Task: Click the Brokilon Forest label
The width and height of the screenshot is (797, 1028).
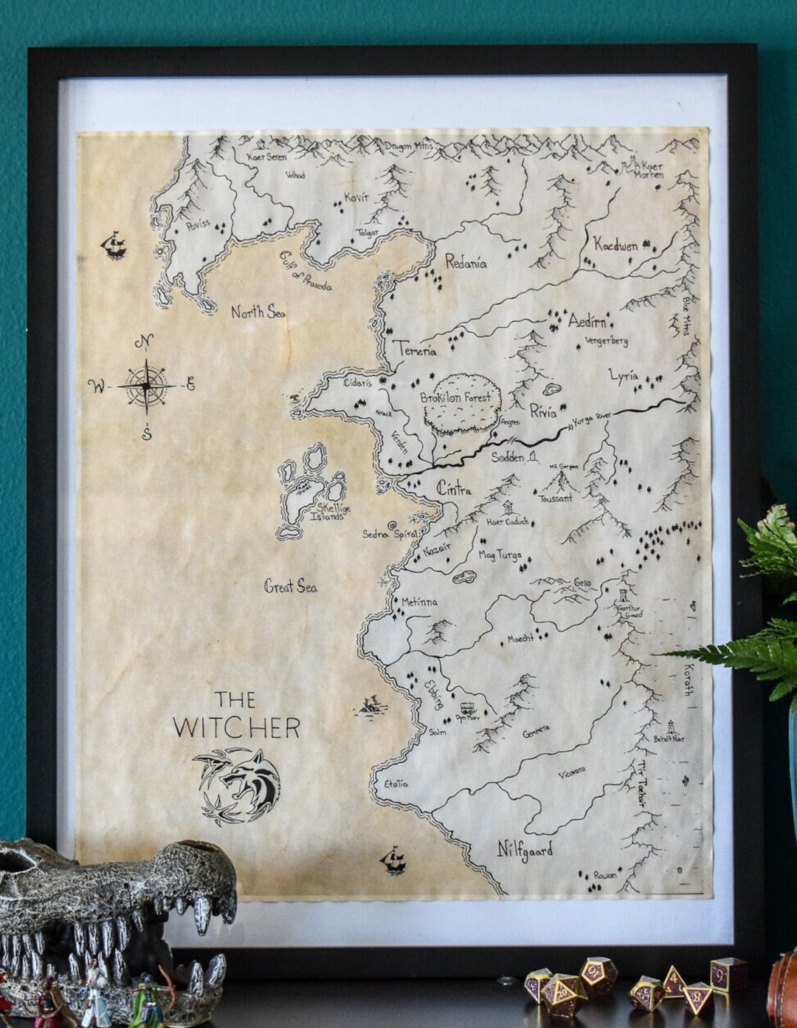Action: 455,397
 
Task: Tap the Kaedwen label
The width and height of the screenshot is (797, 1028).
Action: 615,245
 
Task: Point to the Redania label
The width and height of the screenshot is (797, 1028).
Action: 466,261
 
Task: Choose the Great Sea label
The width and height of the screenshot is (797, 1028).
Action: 291,586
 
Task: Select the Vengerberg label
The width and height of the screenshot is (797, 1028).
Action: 606,341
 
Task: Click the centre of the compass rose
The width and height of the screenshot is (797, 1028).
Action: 147,385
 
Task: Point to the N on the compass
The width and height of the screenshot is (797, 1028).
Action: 145,341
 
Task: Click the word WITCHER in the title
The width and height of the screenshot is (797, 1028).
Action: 236,727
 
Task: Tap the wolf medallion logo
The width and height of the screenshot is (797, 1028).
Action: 241,784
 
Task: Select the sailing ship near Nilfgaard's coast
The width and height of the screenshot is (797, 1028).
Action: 394,859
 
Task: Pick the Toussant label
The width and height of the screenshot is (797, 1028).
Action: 556,498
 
